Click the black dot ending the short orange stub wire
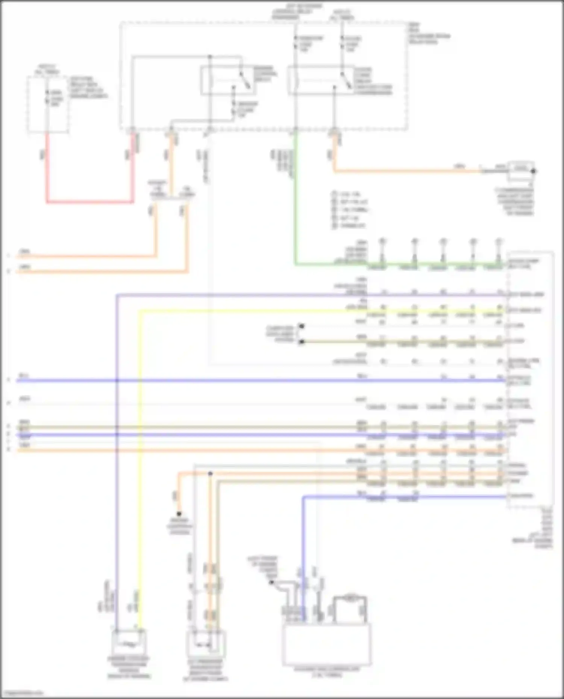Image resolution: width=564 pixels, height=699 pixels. pyautogui.click(x=179, y=514)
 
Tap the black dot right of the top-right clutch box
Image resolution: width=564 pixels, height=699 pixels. pyautogui.click(x=533, y=171)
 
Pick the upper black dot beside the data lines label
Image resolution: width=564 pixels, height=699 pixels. pyautogui.click(x=302, y=326)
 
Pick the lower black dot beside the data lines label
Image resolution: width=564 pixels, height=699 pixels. pyautogui.click(x=302, y=342)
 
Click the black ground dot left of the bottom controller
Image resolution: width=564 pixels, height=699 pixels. pyautogui.click(x=272, y=583)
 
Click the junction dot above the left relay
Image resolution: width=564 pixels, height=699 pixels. pyautogui.click(x=210, y=57)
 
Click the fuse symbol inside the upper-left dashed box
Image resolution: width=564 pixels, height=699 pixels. pyautogui.click(x=47, y=97)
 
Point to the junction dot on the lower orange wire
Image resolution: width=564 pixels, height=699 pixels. pyautogui.click(x=210, y=474)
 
